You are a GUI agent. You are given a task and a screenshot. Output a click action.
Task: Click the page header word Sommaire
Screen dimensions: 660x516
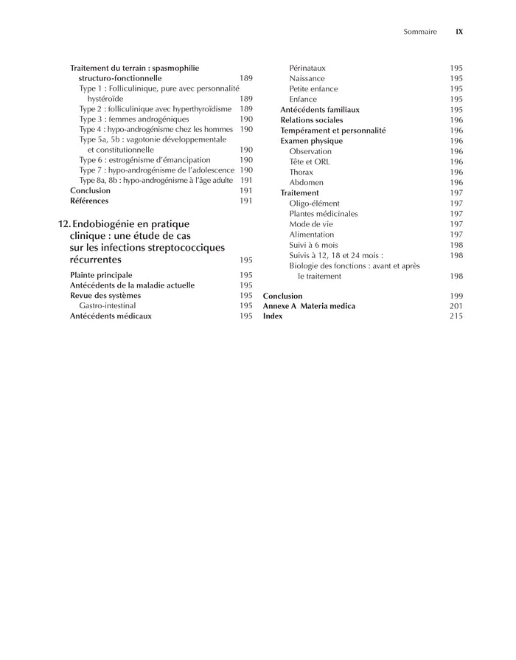420,32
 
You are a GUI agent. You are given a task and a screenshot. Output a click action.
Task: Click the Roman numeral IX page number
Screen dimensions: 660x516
459,32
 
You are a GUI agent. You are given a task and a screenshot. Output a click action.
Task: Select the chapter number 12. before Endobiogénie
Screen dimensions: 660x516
64,223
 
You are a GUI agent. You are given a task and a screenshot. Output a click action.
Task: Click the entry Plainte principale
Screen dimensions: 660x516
101,275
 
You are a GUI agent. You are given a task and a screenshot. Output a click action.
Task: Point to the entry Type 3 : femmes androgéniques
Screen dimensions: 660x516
134,119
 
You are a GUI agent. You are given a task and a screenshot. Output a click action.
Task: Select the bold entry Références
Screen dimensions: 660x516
89,201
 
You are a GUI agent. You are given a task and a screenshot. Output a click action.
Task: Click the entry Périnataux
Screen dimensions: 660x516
307,68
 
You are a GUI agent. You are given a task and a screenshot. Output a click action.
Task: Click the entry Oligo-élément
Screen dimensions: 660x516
314,203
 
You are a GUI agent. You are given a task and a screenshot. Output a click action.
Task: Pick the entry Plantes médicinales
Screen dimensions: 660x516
323,214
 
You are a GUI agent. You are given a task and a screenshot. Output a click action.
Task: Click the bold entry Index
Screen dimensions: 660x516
273,316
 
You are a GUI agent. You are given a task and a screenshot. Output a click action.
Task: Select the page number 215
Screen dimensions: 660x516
456,316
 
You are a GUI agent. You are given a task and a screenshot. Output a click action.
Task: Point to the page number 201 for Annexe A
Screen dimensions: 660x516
456,305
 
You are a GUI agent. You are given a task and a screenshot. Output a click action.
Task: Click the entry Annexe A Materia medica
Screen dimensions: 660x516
309,305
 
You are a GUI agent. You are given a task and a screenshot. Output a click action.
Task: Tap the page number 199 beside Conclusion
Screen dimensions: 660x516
456,295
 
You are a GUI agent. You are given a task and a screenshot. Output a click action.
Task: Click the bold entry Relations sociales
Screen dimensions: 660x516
311,120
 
